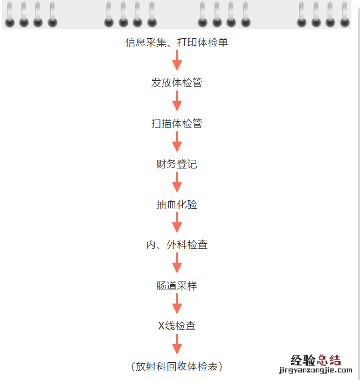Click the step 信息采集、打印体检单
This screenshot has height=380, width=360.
click(177, 43)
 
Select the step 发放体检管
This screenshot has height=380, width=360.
click(177, 83)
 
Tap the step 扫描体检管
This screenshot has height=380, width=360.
click(177, 123)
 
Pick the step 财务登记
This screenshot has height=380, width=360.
click(177, 164)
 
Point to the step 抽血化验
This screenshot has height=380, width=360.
click(177, 205)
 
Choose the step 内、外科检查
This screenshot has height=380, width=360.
click(177, 245)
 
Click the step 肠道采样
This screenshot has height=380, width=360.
click(177, 286)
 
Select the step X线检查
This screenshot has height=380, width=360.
click(177, 326)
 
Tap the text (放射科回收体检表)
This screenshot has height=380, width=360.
click(177, 367)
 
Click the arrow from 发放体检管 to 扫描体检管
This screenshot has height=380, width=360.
click(177, 101)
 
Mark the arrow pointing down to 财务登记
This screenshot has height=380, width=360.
click(177, 142)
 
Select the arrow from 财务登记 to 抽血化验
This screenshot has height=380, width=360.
click(177, 182)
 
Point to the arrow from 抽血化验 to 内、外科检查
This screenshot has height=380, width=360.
click(177, 222)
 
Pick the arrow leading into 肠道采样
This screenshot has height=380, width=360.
click(177, 263)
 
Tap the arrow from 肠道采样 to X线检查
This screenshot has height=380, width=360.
click(177, 304)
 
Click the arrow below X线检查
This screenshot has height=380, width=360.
click(177, 344)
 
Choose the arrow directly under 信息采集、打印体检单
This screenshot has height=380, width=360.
click(177, 60)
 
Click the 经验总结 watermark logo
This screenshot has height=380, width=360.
click(316, 360)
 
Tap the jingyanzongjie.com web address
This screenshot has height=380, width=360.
click(316, 370)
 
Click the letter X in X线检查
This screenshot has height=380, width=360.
click(161, 326)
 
